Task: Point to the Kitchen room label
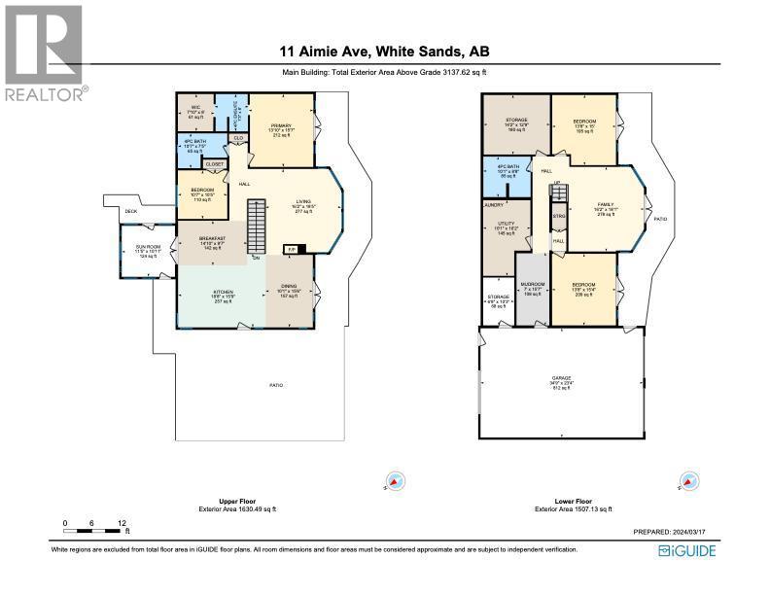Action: [223, 294]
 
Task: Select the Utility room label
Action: [506, 226]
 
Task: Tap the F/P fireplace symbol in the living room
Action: [289, 249]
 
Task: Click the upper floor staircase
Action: [258, 226]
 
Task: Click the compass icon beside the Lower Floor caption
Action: [688, 481]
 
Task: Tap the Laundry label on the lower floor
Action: [493, 205]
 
